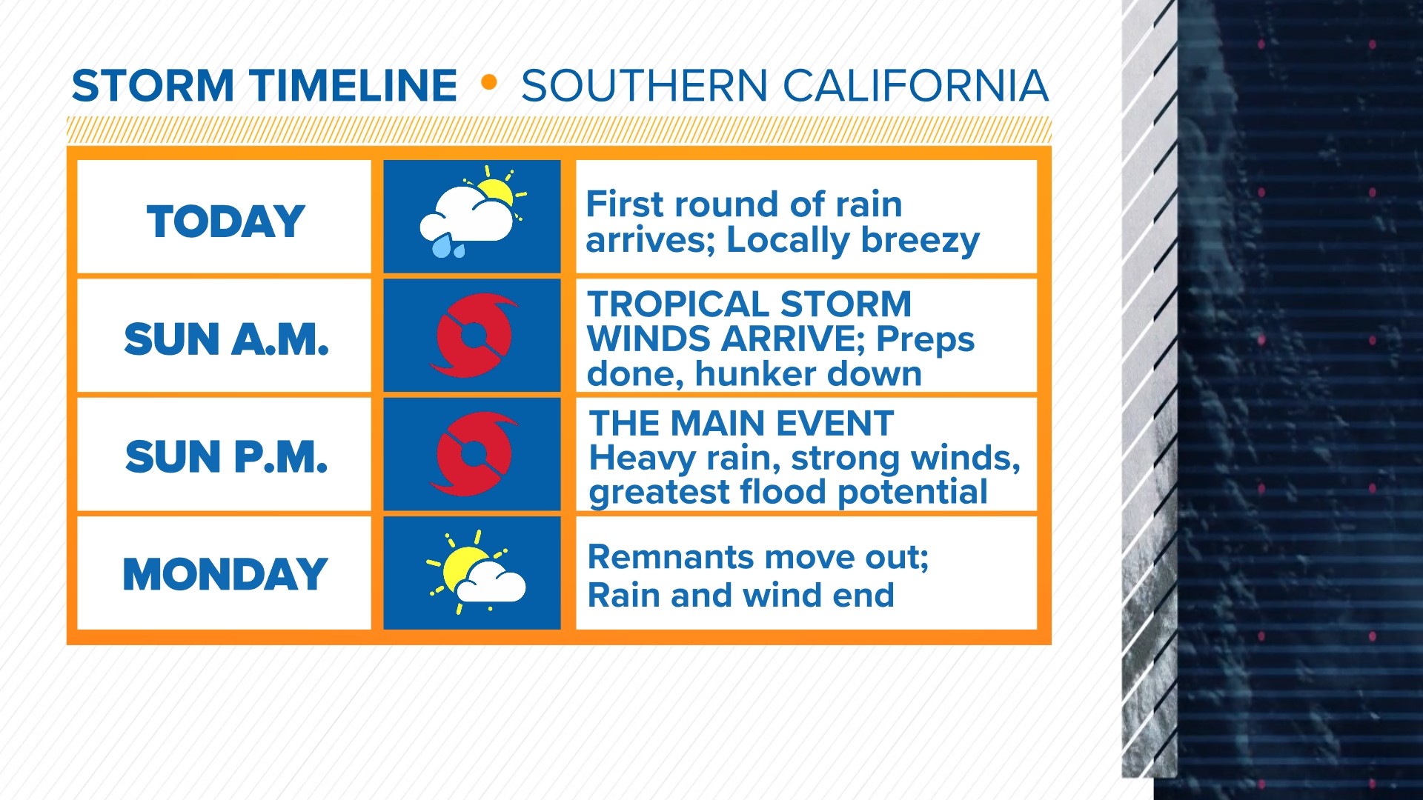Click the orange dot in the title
(488, 82)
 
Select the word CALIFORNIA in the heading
(915, 86)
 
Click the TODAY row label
(225, 221)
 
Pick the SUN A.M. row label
(225, 339)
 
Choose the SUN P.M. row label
(225, 456)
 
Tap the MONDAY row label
(225, 575)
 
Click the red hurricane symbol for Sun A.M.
(473, 336)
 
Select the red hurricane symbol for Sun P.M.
(473, 453)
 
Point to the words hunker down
(808, 374)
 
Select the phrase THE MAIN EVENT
(741, 424)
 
